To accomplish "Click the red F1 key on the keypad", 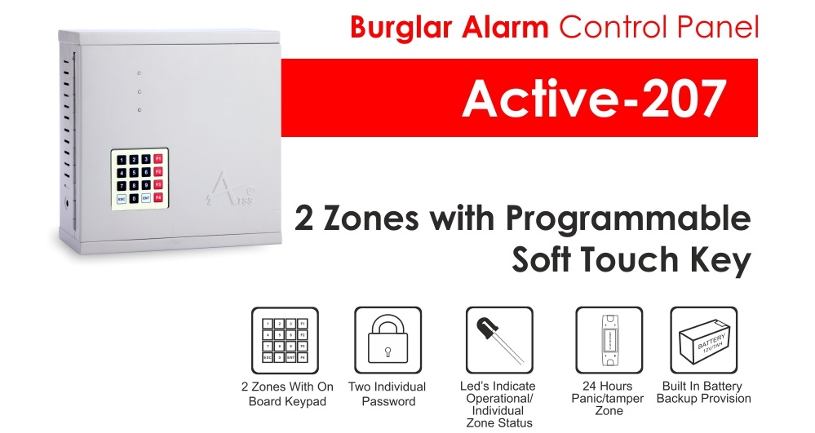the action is click(158, 158).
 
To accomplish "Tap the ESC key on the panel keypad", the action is click(122, 199).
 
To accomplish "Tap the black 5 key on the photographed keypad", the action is click(134, 173).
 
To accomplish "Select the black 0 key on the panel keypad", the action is click(134, 199).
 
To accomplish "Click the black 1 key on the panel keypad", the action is click(122, 160).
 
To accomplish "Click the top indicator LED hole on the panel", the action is click(139, 73).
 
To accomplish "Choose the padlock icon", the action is click(388, 341).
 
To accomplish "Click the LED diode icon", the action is click(499, 341).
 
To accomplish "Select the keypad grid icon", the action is click(285, 341).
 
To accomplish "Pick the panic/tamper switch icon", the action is click(609, 341).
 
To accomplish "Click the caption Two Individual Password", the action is click(388, 394).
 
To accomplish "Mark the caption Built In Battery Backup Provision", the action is click(704, 392).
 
